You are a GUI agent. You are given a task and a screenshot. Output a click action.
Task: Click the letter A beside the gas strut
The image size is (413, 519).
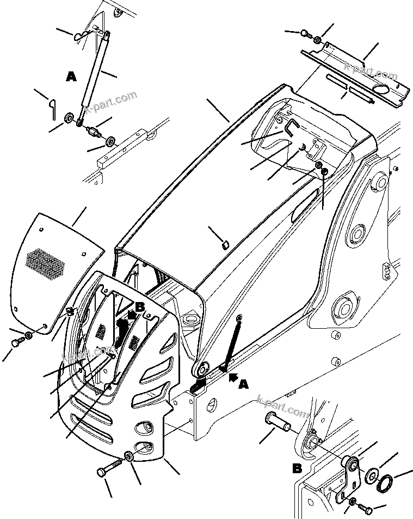(x=71, y=77)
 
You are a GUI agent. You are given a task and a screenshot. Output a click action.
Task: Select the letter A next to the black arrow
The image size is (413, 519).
(x=243, y=384)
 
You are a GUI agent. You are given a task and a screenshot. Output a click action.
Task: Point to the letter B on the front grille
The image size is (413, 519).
(x=140, y=307)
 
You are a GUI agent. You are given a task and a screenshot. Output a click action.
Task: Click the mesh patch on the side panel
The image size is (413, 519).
(x=46, y=263)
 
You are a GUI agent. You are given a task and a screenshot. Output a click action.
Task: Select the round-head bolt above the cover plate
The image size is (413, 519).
(x=304, y=34)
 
